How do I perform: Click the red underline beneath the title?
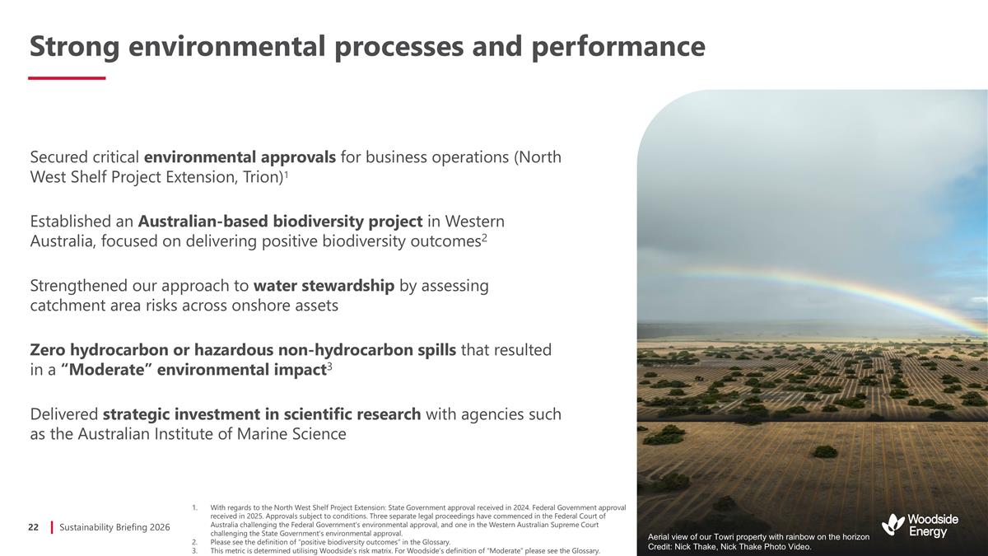[x=67, y=78]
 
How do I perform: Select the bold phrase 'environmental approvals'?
[x=240, y=157]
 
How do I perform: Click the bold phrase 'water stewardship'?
[x=324, y=286]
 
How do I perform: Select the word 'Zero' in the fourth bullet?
[x=48, y=350]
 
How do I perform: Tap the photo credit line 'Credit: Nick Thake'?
[x=729, y=547]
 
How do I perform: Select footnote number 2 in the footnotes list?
[x=193, y=543]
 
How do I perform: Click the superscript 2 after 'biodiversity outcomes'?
[x=486, y=236]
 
